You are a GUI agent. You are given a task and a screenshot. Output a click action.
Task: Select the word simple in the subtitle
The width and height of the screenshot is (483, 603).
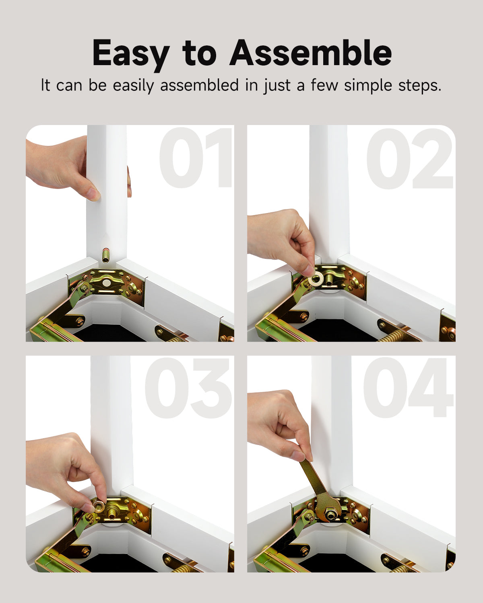point(368,85)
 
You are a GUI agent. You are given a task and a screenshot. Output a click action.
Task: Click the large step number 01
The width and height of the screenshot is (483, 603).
point(196,158)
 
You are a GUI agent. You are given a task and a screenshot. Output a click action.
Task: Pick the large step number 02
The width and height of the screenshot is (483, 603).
point(409,158)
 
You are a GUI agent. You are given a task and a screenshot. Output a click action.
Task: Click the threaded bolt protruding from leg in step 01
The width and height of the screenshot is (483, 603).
point(106,255)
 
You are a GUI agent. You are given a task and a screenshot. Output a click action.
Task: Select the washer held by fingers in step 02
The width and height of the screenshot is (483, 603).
point(316,279)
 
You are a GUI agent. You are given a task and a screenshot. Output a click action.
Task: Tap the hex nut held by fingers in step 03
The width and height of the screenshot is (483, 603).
point(99,506)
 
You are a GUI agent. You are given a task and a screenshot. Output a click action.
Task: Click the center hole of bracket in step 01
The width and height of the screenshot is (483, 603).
point(107,283)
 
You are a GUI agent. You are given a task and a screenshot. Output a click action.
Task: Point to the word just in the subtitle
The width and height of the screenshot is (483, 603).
point(277,86)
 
